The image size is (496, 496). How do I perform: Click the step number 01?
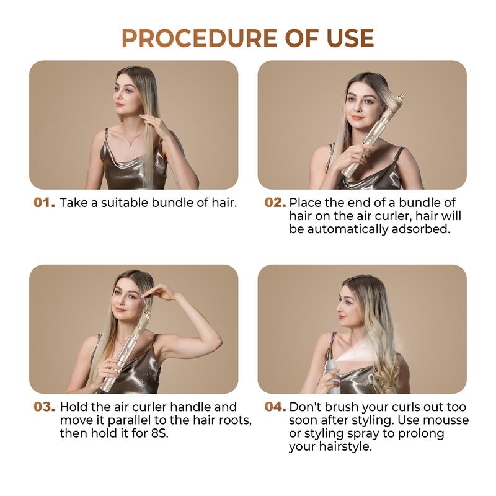coord(44,203)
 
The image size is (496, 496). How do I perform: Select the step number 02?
coord(275,203)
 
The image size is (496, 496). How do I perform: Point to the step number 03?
coord(44,407)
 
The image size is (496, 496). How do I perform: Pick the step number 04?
coord(275,407)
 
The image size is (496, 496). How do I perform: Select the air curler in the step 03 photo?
coord(127,350)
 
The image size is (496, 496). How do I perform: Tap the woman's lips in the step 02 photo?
coord(358,117)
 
